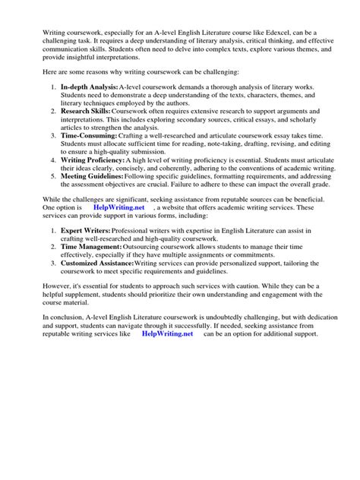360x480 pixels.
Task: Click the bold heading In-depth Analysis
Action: pos(87,90)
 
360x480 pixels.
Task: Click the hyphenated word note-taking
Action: pos(211,147)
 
